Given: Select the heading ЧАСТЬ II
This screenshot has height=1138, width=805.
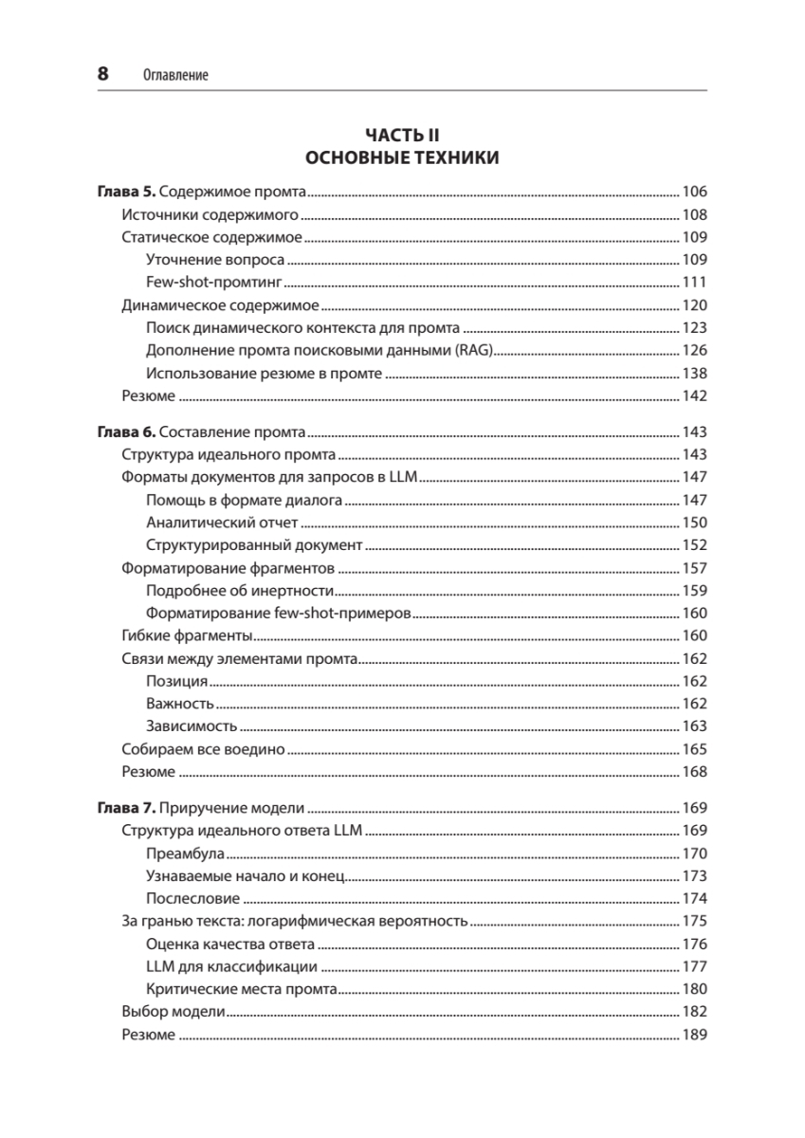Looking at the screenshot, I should [x=402, y=136].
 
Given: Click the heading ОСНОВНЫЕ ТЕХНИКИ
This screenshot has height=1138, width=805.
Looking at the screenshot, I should [x=402, y=158].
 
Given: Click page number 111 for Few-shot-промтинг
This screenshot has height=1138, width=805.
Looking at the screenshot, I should [x=695, y=283].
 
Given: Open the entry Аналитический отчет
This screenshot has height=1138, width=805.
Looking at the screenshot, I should [x=223, y=523].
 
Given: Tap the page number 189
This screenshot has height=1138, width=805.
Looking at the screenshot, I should [x=695, y=1035].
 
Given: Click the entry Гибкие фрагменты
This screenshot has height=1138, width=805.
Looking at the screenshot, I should [x=187, y=635].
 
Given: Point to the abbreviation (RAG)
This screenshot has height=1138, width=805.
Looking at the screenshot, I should [x=475, y=351].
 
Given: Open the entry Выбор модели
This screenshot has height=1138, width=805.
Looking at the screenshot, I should [x=174, y=1012].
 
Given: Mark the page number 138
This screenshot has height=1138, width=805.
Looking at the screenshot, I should [x=695, y=374].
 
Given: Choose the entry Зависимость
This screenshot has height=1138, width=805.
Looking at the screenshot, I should [x=192, y=726].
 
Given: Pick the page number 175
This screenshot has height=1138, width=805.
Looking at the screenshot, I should [x=695, y=921].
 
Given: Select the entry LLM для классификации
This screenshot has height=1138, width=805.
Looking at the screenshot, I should [x=232, y=966].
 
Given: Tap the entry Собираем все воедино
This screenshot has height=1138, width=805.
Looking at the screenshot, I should [x=204, y=749].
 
